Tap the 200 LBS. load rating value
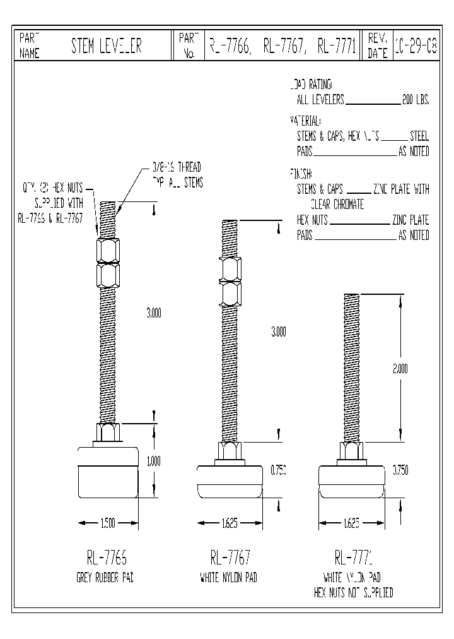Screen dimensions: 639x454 (x=415, y=100)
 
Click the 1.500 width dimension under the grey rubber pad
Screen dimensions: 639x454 (x=107, y=523)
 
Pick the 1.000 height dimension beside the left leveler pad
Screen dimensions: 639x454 (x=153, y=461)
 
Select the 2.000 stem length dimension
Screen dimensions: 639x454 (x=400, y=369)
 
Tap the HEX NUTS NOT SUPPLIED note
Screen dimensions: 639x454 (x=353, y=593)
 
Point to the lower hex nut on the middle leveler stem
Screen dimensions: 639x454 (x=230, y=294)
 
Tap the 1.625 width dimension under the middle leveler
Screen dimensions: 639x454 (x=230, y=523)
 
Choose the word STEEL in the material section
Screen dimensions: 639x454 (x=419, y=136)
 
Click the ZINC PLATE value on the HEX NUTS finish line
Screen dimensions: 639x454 (x=410, y=220)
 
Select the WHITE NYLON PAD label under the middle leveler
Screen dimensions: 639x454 (x=230, y=578)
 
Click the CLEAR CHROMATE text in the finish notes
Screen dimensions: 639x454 (x=337, y=205)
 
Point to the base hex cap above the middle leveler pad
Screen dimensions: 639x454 (x=230, y=453)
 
